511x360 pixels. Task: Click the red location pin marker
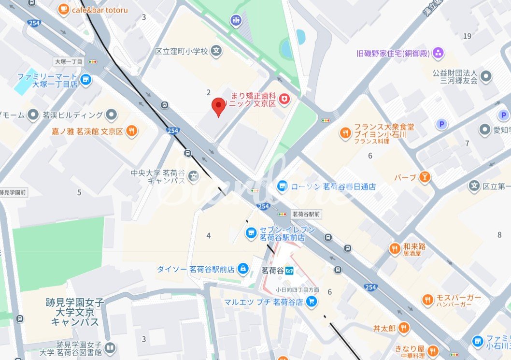point(219,105)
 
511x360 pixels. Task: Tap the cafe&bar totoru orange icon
point(63,9)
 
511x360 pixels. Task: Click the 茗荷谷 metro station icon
point(288,270)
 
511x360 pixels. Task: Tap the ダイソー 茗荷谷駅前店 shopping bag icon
point(243,268)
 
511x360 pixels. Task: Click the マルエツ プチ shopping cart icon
point(312,302)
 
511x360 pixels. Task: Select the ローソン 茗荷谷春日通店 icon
point(282,186)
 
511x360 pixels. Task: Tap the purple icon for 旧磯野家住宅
point(439,52)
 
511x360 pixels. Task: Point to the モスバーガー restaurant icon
point(427,301)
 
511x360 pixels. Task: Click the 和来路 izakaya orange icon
point(395,248)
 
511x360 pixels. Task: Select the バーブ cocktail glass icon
point(425,177)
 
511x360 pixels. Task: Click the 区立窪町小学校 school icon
point(217,50)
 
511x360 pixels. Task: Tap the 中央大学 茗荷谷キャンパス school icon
point(194,176)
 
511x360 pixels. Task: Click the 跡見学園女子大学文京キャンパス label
point(75,312)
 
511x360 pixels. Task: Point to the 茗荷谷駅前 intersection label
point(306,213)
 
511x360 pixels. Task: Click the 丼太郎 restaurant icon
point(404,328)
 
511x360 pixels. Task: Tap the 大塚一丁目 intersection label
point(68,62)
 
